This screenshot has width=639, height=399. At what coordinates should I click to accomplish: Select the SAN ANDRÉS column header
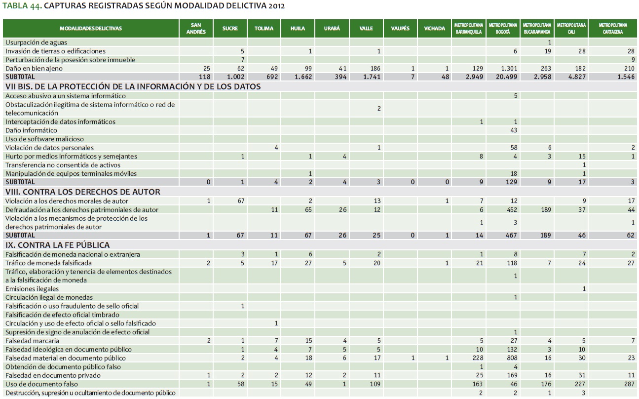196,28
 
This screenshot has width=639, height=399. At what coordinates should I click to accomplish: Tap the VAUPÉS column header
400,28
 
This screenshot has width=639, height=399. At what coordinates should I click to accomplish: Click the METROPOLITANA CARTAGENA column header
612,28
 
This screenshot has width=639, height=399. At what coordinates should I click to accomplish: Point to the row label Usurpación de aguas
37,42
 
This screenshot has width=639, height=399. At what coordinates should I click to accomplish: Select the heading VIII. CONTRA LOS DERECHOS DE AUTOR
83,192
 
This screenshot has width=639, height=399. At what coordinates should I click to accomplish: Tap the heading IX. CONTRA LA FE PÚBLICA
58,245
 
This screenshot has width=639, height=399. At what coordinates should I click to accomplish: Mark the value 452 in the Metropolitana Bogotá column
512,210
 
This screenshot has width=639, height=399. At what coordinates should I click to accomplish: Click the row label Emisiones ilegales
32,289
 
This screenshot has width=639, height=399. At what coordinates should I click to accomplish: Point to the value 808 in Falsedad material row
512,358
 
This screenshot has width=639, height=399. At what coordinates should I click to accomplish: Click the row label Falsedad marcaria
33,341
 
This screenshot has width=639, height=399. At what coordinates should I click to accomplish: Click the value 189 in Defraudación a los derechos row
545,210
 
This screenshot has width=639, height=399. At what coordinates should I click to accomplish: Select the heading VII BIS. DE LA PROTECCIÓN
133,86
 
